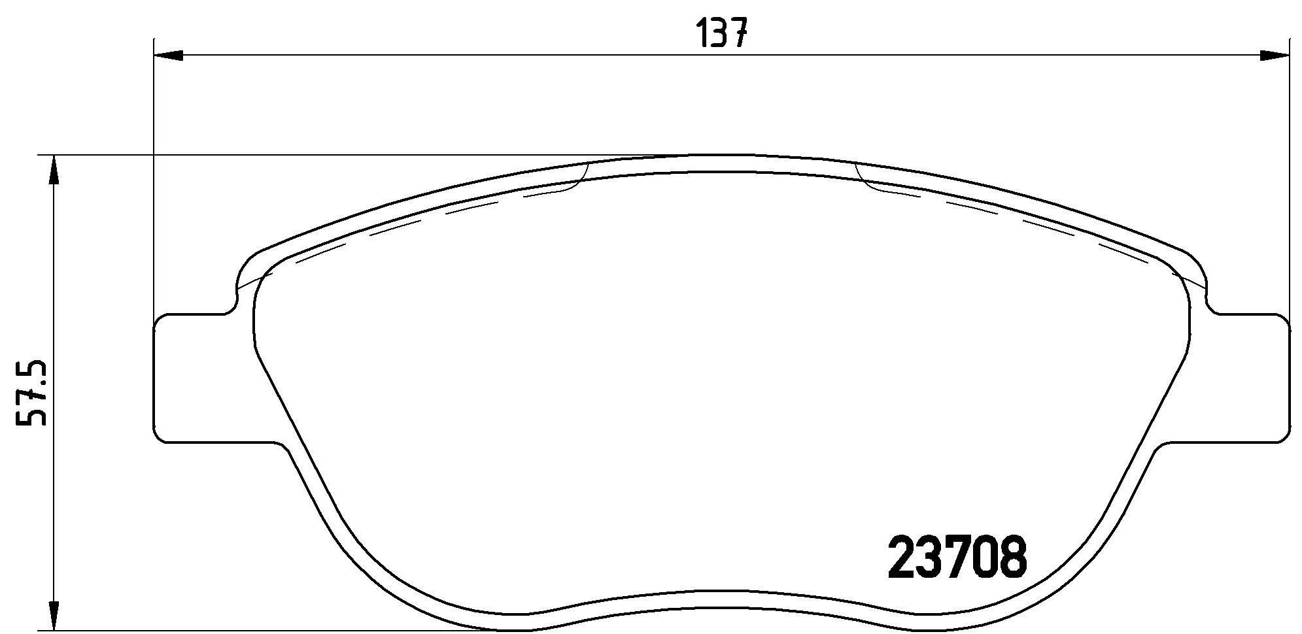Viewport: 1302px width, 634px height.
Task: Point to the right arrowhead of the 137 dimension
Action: pos(1274,56)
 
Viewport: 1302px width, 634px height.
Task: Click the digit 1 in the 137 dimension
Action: pos(703,33)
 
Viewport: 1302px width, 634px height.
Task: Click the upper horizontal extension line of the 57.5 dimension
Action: pos(327,155)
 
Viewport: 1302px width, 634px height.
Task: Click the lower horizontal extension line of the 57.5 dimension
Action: pos(262,631)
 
